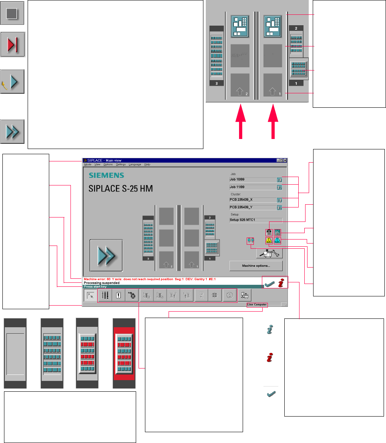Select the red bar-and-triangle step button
click(13, 45)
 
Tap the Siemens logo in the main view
click(106, 175)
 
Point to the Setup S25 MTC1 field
click(255, 220)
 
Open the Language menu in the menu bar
click(135, 165)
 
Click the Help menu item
click(147, 165)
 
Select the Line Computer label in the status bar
click(257, 305)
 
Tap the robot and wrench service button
click(269, 253)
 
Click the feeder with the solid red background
click(124, 353)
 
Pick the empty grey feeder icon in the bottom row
click(15, 353)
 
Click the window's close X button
click(285, 160)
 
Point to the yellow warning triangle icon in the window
click(269, 240)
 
